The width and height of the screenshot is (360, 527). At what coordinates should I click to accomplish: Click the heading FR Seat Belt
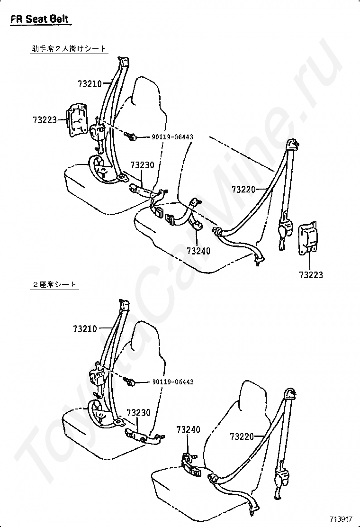40,19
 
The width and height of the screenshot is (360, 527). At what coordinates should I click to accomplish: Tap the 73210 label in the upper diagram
90,84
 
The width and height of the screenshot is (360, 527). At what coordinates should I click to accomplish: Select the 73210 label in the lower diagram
85,328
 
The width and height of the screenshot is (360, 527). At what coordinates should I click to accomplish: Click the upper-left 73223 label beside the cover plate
45,119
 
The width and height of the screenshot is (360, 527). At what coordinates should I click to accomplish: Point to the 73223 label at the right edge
311,275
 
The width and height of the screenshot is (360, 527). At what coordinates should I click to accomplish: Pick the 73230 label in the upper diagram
143,165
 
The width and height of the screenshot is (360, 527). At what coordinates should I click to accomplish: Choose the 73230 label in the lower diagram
138,412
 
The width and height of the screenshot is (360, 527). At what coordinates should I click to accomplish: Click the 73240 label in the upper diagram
198,251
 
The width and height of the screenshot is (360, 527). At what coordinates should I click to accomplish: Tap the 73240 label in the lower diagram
189,429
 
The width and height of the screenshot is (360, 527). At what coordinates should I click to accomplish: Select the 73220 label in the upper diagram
243,190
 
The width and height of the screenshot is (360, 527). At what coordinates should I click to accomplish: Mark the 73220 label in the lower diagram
242,436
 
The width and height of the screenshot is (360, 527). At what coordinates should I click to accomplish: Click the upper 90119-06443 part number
172,137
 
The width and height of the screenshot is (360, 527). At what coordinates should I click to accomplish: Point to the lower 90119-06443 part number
173,382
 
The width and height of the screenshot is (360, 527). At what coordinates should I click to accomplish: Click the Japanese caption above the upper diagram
69,49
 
